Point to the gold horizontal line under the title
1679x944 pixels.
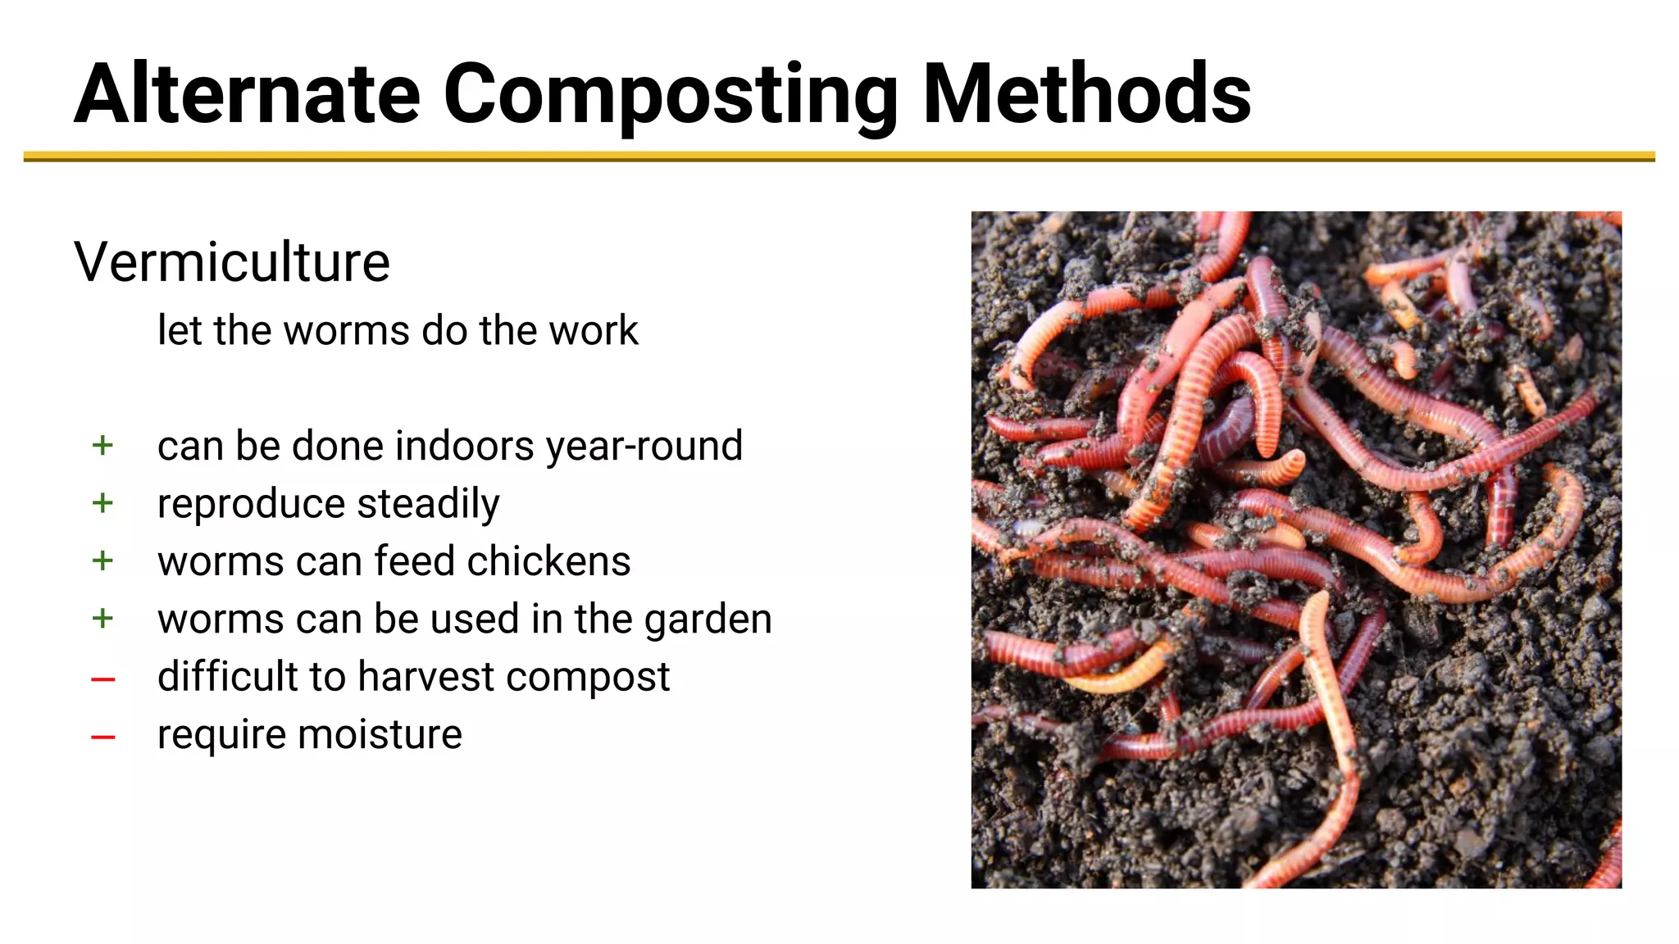tap(839, 156)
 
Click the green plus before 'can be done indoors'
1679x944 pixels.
tap(102, 446)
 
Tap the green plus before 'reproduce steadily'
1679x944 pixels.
tap(102, 503)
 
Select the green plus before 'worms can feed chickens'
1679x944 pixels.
tap(102, 561)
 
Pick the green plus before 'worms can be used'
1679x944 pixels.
tap(102, 619)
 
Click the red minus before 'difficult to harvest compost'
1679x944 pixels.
tap(102, 679)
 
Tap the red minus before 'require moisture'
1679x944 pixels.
tap(102, 737)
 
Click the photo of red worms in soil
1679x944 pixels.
tap(1296, 550)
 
